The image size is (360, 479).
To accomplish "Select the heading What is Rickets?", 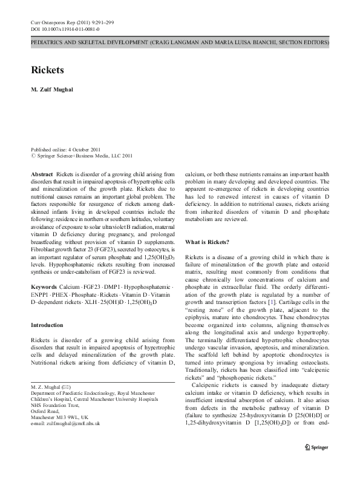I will [x=207, y=242].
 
